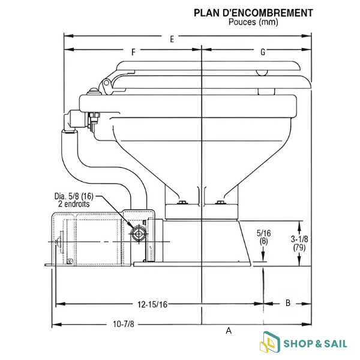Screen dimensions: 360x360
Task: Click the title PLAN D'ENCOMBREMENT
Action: coord(253,13)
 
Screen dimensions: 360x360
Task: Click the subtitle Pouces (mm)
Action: coord(253,22)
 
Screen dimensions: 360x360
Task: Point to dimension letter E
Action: coord(172,39)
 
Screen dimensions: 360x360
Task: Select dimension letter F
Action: coord(133,52)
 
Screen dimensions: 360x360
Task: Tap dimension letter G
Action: coord(263,52)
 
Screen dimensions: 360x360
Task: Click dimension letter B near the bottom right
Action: coord(288,303)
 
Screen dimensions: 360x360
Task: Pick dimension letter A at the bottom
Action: coord(229,331)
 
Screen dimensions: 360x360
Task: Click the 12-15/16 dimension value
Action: coord(152,304)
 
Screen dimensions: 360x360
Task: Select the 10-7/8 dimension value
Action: coord(123,324)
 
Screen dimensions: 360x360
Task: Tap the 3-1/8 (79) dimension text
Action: coord(299,243)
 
